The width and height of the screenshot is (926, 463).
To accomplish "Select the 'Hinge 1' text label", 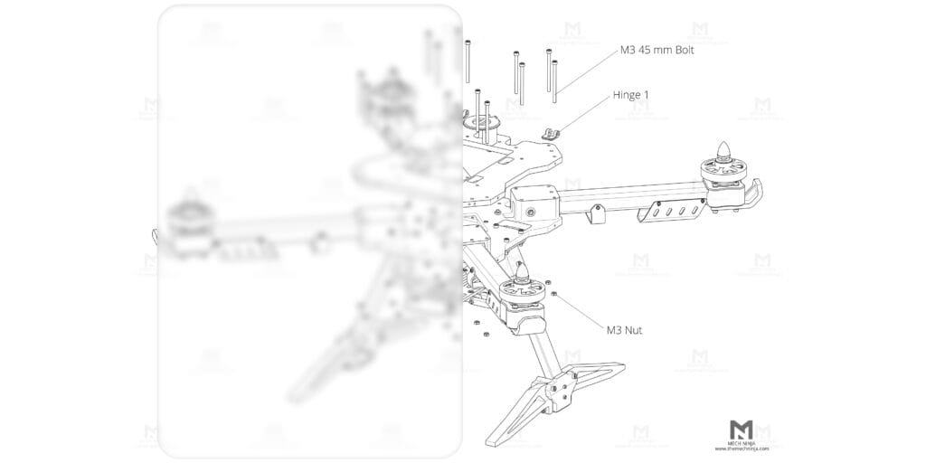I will [630, 94].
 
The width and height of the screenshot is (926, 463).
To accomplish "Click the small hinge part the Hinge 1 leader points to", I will [552, 132].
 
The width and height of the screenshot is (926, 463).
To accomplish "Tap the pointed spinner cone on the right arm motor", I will [723, 151].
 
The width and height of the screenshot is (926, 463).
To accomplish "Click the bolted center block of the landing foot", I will [553, 392].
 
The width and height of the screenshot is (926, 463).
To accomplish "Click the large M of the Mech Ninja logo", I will [742, 430].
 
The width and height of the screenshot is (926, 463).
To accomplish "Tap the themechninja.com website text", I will [742, 449].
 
